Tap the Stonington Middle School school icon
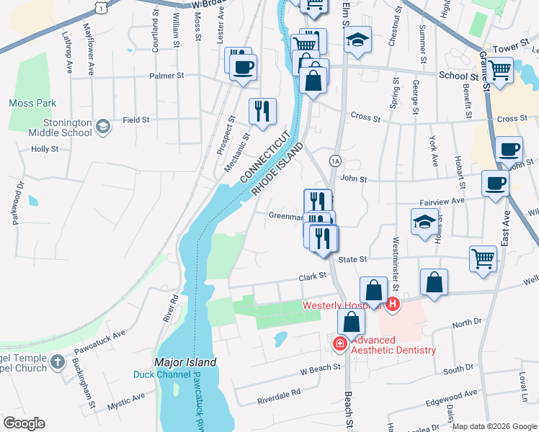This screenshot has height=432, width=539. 102,127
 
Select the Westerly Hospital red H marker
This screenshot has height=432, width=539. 393,305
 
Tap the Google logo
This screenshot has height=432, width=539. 24,423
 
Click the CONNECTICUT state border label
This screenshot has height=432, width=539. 264,156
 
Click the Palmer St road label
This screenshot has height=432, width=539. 166,75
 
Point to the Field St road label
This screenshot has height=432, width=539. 135,120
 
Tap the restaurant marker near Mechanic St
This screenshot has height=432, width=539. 261,111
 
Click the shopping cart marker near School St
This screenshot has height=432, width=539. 499,70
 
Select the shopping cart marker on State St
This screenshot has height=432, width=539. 483,258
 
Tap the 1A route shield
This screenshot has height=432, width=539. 335,160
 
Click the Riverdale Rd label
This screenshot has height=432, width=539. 278,395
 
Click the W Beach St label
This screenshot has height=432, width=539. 320,369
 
